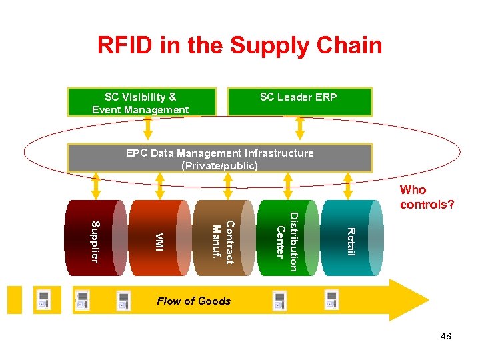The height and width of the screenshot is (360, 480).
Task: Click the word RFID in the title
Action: pyautogui.click(x=125, y=45)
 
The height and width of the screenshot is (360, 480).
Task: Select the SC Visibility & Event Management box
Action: pyautogui.click(x=142, y=102)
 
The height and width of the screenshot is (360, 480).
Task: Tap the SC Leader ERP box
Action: pyautogui.click(x=300, y=102)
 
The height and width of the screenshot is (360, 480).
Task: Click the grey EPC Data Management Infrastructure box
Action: pyautogui.click(x=220, y=158)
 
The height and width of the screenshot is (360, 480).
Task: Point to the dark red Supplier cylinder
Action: pyautogui.click(x=96, y=238)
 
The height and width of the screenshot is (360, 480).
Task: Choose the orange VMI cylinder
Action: pyautogui.click(x=160, y=238)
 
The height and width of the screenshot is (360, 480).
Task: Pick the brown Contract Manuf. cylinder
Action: pyautogui.click(x=224, y=238)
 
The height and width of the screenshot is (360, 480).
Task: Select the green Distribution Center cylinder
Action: pyautogui.click(x=288, y=238)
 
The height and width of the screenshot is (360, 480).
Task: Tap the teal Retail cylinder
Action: pyautogui.click(x=352, y=238)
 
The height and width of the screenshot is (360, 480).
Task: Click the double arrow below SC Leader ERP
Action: pyautogui.click(x=300, y=128)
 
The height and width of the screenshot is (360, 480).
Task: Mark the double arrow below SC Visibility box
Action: pyautogui.click(x=148, y=128)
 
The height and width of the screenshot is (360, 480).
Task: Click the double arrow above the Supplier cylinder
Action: pyautogui.click(x=96, y=186)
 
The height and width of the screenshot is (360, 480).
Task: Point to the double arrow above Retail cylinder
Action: pyautogui.click(x=348, y=186)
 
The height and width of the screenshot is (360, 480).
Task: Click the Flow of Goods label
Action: pyautogui.click(x=193, y=301)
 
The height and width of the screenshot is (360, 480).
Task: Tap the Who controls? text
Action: pyautogui.click(x=427, y=197)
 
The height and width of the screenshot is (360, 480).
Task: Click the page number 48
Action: pyautogui.click(x=446, y=336)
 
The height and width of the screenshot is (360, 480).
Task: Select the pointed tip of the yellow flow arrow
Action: pyautogui.click(x=429, y=300)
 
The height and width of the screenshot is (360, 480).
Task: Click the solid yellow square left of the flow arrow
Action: pyautogui.click(x=15, y=300)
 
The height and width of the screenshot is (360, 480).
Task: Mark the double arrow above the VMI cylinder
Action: pyautogui.click(x=160, y=186)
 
